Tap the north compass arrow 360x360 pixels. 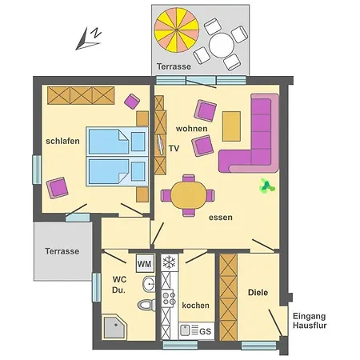(x=88, y=37)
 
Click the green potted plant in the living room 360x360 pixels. (x=265, y=187)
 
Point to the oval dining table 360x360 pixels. (x=188, y=195)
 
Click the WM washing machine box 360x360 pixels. (x=145, y=263)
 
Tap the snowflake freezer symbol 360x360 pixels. (x=169, y=262)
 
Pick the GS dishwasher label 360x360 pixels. (x=205, y=330)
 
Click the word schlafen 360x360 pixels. (x=62, y=142)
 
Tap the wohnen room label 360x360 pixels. (x=193, y=128)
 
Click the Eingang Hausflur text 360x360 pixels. (x=310, y=321)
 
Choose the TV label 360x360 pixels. (x=174, y=148)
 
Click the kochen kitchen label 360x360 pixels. (x=196, y=306)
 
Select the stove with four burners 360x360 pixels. (x=169, y=299)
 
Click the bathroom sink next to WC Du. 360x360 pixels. (x=148, y=285)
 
